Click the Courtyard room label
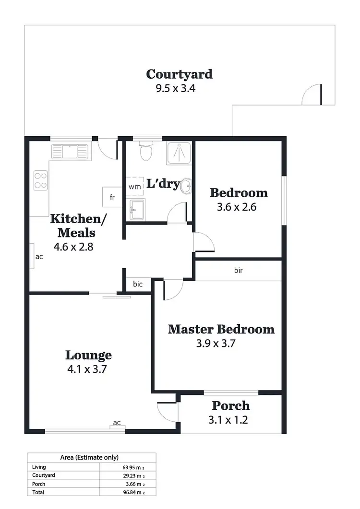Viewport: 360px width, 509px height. (179, 74)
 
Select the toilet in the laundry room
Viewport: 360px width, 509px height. (144, 151)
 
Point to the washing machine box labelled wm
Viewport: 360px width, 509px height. (134, 187)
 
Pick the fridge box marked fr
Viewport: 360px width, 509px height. (112, 197)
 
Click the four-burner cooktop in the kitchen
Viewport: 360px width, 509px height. (41, 180)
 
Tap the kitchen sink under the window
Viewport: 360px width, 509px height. (70, 152)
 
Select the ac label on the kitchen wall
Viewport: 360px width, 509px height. (39, 257)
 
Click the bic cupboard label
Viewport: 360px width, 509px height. (138, 284)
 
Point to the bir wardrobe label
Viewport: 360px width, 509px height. (238, 271)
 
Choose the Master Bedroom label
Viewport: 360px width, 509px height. (221, 330)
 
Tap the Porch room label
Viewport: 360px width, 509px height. (230, 406)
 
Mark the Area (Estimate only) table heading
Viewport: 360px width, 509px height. (89, 457)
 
